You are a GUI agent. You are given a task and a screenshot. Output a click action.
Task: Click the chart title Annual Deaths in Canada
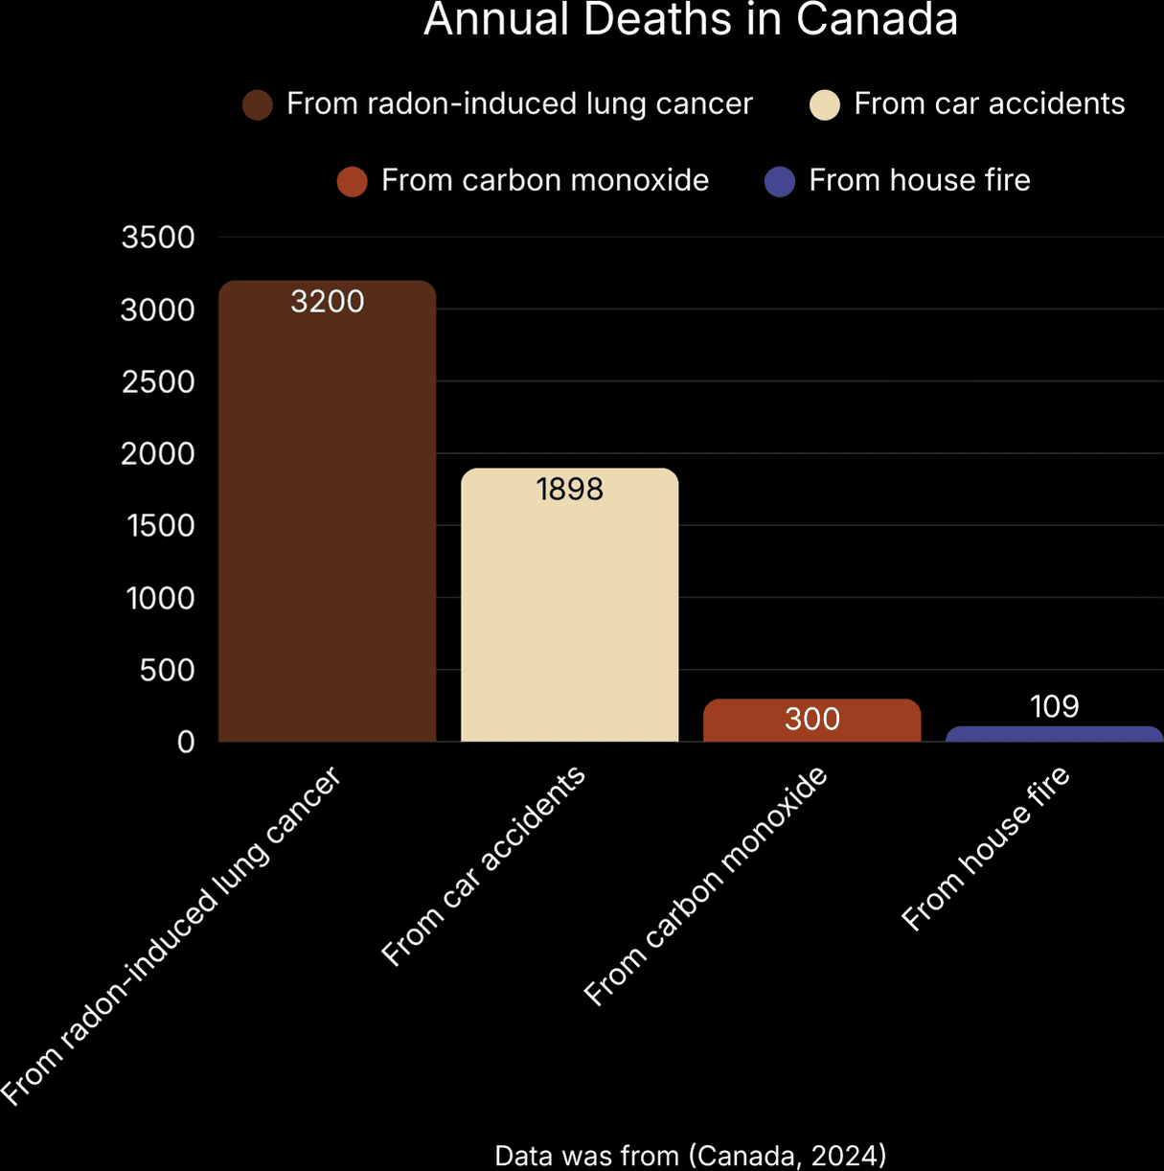click(691, 19)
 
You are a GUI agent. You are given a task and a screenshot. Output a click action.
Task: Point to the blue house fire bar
click(1054, 735)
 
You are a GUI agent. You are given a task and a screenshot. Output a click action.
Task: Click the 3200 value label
click(327, 302)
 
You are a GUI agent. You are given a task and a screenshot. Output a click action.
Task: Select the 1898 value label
click(569, 490)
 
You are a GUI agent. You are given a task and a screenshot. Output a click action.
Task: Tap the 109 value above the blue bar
click(1054, 706)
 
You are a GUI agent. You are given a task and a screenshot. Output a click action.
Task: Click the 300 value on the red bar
click(811, 719)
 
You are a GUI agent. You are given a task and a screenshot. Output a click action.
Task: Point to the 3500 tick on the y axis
click(158, 238)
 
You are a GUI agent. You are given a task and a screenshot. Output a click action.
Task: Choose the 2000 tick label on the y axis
click(158, 453)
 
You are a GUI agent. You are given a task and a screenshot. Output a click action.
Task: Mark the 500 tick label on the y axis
click(167, 670)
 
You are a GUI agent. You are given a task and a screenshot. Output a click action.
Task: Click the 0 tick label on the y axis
click(186, 743)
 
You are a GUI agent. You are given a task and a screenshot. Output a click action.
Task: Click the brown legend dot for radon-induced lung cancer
click(258, 104)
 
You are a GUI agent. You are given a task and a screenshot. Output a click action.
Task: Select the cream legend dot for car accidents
click(825, 104)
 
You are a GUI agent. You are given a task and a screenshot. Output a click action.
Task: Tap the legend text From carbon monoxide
click(544, 180)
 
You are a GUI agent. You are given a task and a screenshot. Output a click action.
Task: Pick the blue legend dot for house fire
click(780, 181)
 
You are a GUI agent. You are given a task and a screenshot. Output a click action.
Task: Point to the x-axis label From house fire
click(986, 848)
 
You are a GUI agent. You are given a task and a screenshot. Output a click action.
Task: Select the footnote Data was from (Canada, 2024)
click(690, 1155)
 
